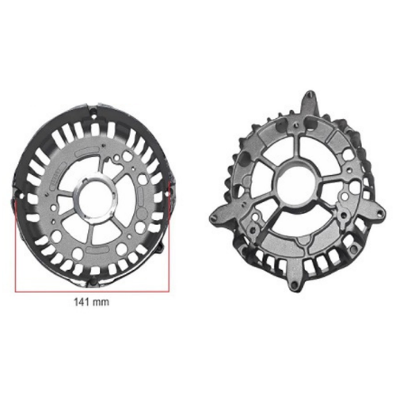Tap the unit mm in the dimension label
coord(101,303)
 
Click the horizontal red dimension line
coord(92,291)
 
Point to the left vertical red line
coord(16,246)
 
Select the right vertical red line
coord(169,237)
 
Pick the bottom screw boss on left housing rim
coord(90,283)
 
